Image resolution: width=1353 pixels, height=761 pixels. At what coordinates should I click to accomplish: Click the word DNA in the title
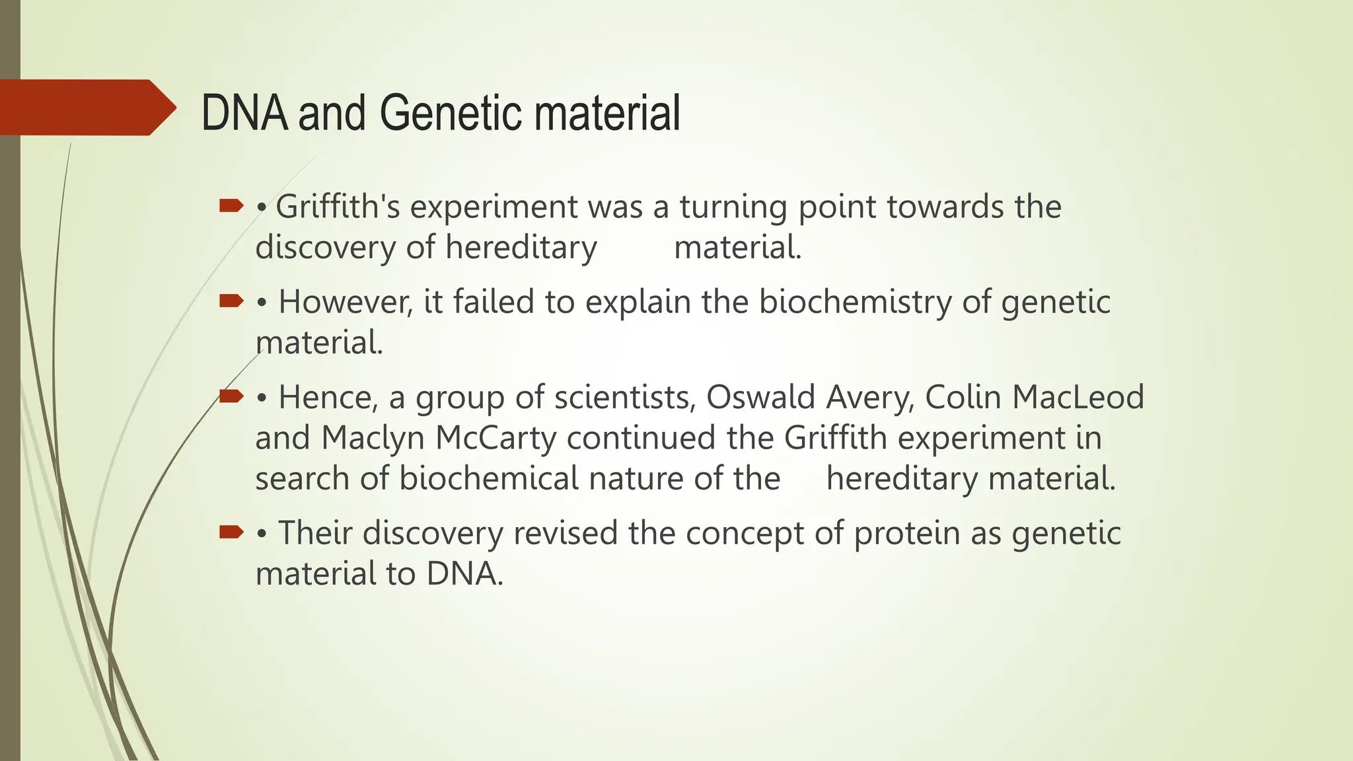244,113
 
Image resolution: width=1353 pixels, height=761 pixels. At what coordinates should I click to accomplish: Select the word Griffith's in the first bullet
338,207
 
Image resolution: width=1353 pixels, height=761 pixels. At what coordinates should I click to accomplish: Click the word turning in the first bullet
733,208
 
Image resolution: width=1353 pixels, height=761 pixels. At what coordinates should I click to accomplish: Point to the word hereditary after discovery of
521,248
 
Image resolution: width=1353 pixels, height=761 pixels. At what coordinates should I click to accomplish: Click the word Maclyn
373,439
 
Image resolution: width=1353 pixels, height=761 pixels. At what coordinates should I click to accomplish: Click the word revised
566,533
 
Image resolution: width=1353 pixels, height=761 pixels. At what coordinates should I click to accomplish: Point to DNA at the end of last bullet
463,573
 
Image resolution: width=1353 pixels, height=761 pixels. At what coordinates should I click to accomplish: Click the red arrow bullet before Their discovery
231,531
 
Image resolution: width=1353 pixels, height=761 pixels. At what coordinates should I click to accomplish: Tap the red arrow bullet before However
231,302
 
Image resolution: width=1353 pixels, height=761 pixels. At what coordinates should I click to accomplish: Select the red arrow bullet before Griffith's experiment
231,206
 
